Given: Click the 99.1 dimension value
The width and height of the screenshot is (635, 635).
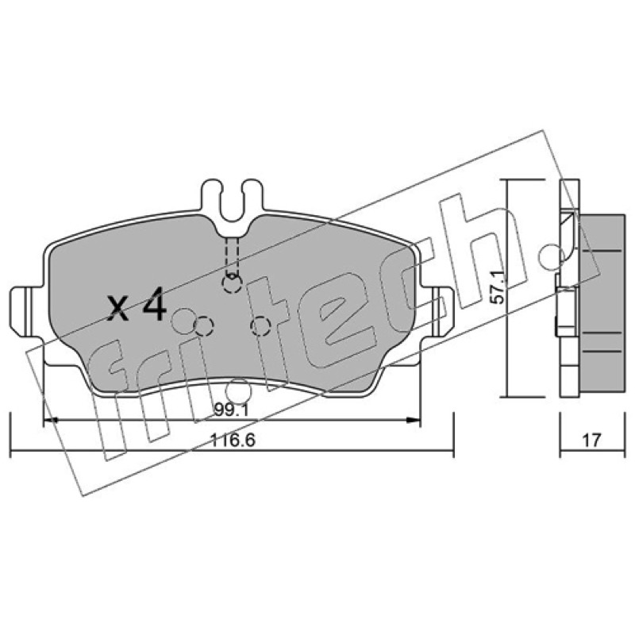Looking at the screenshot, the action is click(231, 410).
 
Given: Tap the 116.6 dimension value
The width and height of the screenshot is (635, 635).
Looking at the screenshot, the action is click(233, 440).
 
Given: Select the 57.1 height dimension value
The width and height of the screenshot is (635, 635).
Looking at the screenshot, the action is click(498, 288).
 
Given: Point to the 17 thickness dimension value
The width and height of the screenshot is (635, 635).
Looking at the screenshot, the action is click(591, 440).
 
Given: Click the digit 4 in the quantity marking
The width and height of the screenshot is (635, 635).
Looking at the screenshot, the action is click(154, 304).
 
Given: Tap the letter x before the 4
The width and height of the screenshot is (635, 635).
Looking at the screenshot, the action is click(118, 309).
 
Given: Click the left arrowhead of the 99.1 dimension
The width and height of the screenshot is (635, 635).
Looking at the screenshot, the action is click(50, 421).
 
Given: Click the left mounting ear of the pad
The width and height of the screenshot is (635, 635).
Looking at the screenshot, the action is click(25, 311).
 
